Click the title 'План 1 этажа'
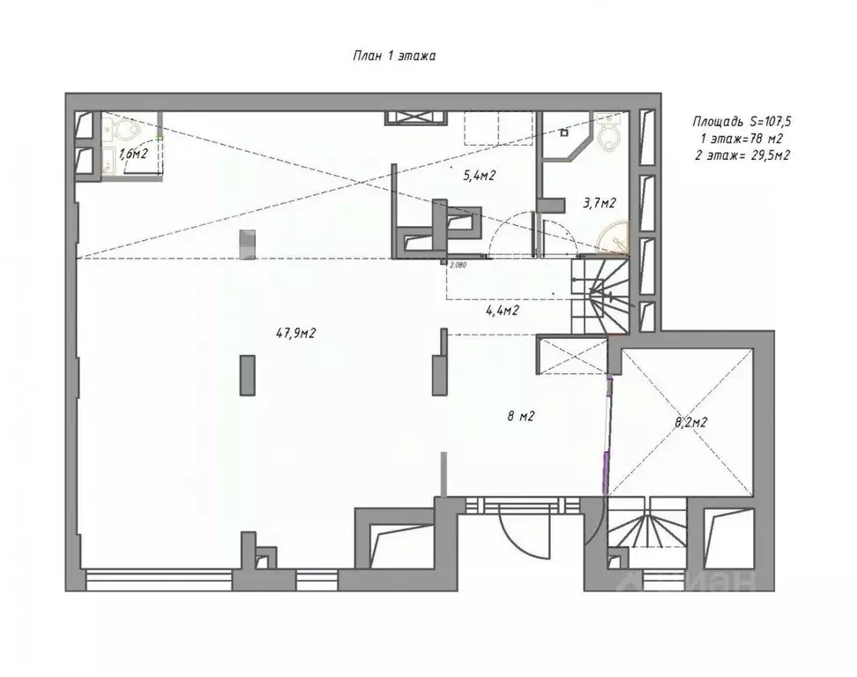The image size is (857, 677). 394,56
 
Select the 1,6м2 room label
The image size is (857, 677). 133,154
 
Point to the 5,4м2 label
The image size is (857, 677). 480,176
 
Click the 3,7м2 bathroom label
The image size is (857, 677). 599,203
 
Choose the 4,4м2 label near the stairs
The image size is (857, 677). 503,311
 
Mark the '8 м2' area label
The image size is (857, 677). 520,417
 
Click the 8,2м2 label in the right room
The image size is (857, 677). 691,422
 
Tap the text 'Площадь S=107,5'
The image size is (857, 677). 741,122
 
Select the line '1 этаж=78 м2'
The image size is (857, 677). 741,138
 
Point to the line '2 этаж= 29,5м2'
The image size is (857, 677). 741,154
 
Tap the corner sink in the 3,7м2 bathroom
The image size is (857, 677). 615,237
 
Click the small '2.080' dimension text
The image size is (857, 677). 458,265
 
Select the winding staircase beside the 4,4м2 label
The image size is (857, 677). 600,296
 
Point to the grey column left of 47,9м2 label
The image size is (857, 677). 247,375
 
